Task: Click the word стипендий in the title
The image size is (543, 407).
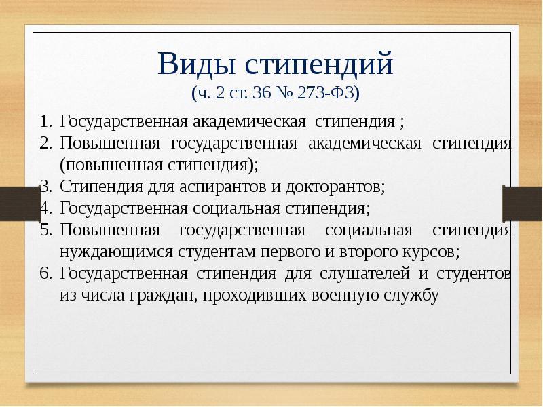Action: pyautogui.click(x=319, y=64)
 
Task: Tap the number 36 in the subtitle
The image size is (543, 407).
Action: pyautogui.click(x=261, y=93)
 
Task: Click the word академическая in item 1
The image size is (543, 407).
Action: pyautogui.click(x=249, y=122)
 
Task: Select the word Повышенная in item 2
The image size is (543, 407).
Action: pyautogui.click(x=110, y=144)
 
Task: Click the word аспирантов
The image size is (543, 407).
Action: pyautogui.click(x=223, y=187)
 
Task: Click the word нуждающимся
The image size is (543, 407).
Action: pyautogui.click(x=116, y=252)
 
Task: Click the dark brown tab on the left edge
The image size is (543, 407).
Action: pyautogui.click(x=20, y=203)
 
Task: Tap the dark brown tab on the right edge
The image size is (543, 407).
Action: pyautogui.click(x=523, y=203)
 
